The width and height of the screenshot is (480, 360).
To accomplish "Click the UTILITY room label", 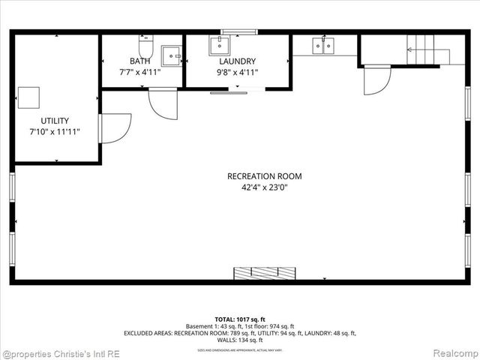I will click(55, 121).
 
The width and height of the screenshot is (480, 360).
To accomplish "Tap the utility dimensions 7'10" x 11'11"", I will click(55, 132).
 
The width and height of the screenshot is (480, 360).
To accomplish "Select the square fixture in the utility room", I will click(29, 97).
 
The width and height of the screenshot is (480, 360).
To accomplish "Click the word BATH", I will click(139, 61).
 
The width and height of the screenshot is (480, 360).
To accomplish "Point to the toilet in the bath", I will click(145, 47).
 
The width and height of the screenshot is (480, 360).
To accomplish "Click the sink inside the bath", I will click(172, 55).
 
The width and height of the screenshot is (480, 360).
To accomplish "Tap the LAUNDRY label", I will click(237, 61).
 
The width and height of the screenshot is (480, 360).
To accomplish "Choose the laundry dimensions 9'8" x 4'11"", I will click(237, 73).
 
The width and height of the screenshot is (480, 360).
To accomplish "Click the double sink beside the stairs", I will click(324, 46).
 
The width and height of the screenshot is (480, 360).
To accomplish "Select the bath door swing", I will click(163, 103).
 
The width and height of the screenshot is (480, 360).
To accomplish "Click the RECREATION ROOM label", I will click(265, 176).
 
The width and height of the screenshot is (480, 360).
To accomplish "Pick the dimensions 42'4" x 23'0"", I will click(265, 187).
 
